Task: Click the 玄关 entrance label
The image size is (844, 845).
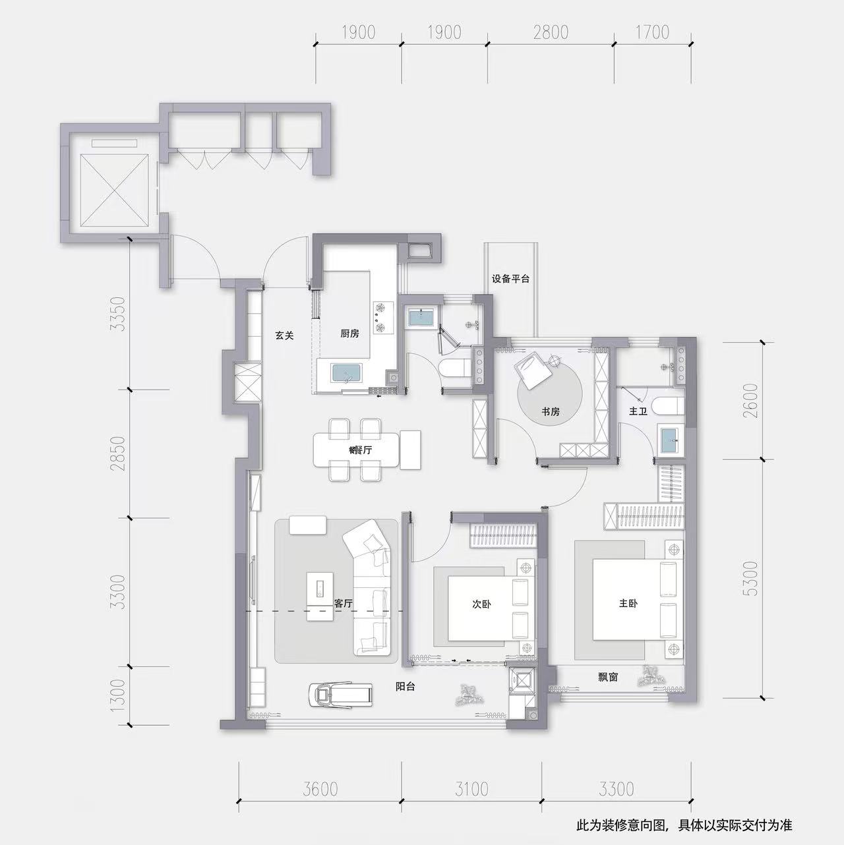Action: coord(284,335)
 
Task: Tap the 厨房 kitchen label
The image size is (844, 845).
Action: coord(349,334)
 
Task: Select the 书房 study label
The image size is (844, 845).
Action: coord(550,412)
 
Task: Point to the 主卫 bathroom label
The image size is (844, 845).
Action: coord(638,411)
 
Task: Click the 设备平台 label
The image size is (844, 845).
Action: coord(510,279)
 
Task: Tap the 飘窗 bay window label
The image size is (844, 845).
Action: coord(608,677)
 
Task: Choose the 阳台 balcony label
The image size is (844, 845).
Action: coord(406,687)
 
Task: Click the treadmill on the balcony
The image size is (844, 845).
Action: coord(341,694)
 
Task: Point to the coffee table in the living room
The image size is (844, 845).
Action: coord(320,596)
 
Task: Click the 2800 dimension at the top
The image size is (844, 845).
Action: coord(551,32)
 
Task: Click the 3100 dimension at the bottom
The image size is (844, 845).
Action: coord(471,790)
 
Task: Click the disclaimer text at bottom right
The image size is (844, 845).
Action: coord(684,826)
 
